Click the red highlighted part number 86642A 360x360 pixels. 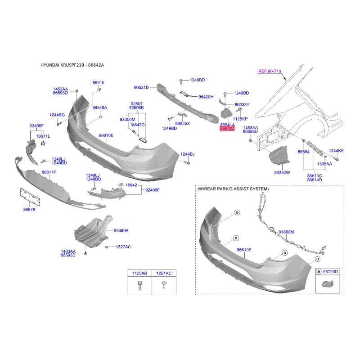point(227,129)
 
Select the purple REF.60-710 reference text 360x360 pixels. point(270,71)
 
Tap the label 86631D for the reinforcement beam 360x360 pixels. point(141,87)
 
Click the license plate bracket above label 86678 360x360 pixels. point(30,197)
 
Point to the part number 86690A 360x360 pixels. point(121,230)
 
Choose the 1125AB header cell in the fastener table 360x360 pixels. point(139,273)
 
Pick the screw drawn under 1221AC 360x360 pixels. point(164,285)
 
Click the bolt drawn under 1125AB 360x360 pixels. point(140,285)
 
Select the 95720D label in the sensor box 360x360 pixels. point(330,272)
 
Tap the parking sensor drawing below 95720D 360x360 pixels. point(328,284)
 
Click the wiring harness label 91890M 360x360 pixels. point(286,232)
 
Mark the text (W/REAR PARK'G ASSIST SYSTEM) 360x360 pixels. point(233,189)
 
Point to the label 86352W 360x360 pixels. point(282,172)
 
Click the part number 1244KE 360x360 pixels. point(336,151)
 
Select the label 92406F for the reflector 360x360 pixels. point(153,190)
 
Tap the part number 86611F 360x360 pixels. point(49,172)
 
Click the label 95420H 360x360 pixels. point(206,97)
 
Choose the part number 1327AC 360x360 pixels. point(123,247)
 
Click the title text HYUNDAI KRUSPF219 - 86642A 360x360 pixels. point(72,65)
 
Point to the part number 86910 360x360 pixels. point(98,83)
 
